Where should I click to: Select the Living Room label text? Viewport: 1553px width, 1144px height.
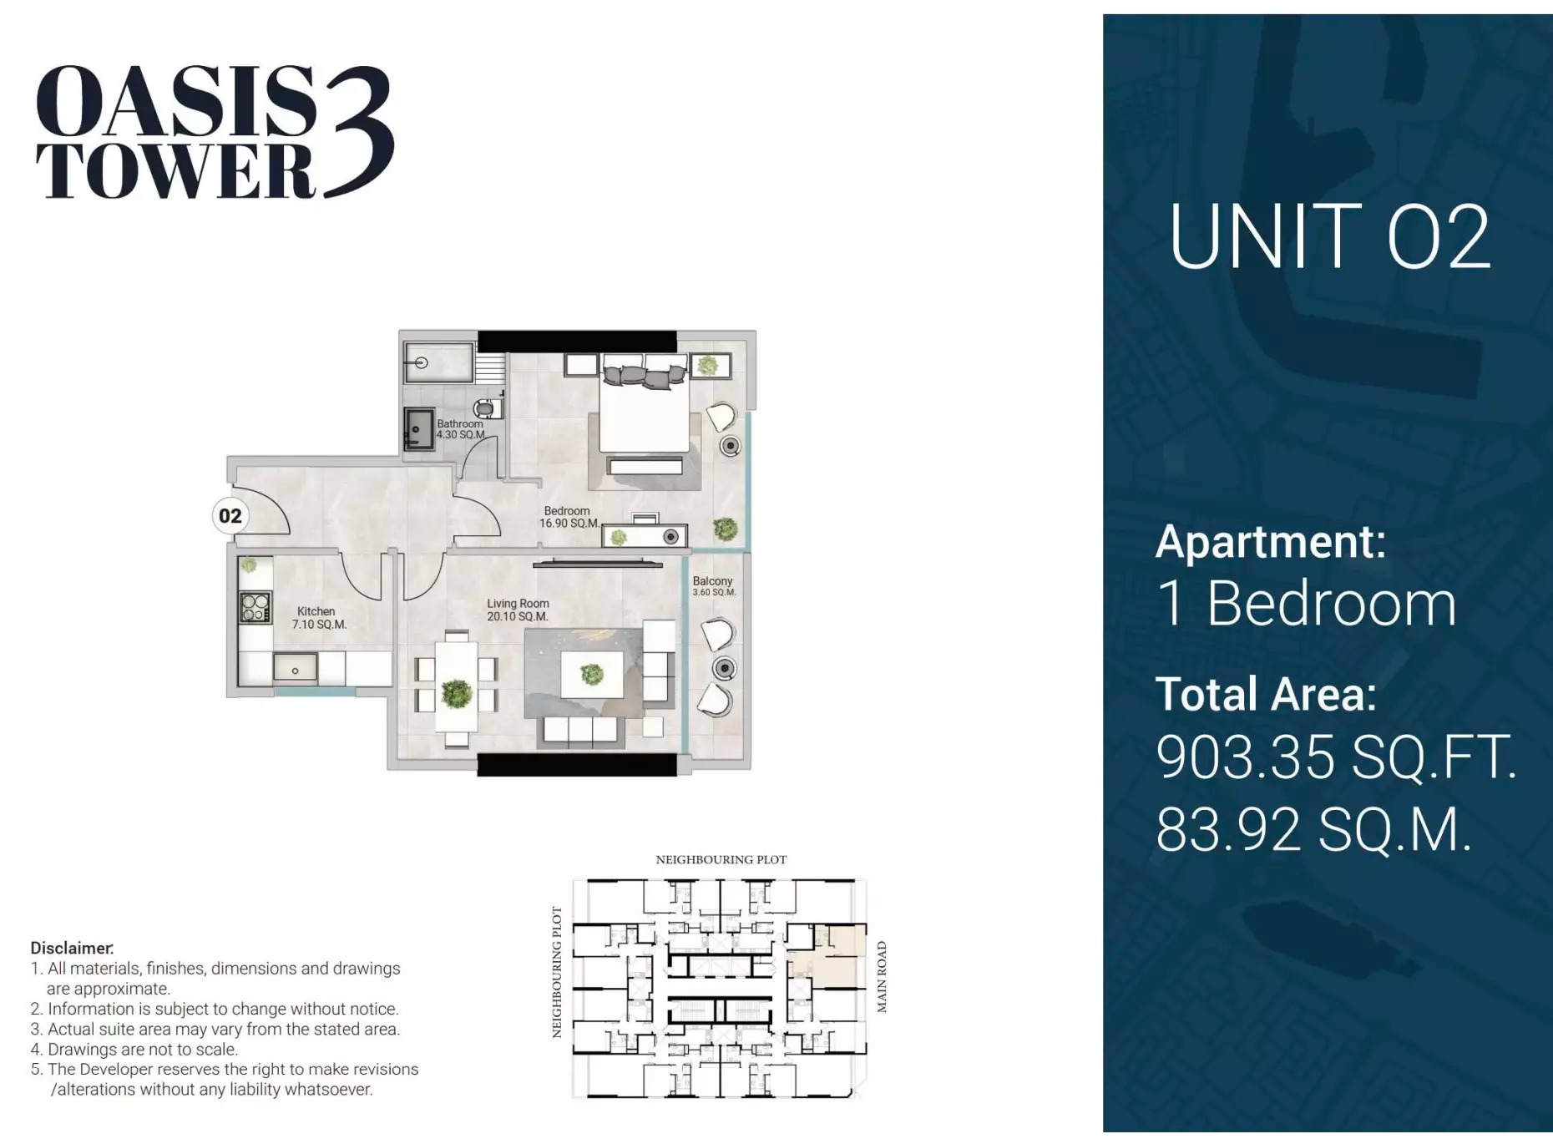(518, 610)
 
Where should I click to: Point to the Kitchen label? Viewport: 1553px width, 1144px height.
(318, 618)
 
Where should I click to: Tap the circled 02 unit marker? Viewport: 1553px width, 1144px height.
(230, 516)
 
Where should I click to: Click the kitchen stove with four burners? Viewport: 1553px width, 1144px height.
(255, 607)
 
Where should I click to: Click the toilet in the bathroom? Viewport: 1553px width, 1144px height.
(487, 409)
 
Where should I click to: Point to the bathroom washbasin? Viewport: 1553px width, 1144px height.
(418, 428)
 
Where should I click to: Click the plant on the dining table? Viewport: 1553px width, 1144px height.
(457, 693)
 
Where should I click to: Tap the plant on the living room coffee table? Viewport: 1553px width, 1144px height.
(592, 673)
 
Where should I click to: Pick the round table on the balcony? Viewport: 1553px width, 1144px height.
(724, 668)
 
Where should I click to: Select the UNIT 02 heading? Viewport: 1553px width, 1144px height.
(1329, 238)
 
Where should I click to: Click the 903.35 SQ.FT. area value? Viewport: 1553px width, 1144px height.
(1334, 757)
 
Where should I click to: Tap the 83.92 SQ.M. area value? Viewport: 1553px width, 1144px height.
(1313, 829)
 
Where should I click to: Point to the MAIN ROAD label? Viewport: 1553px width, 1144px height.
(881, 977)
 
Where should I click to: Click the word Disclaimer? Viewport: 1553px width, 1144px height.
(72, 948)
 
